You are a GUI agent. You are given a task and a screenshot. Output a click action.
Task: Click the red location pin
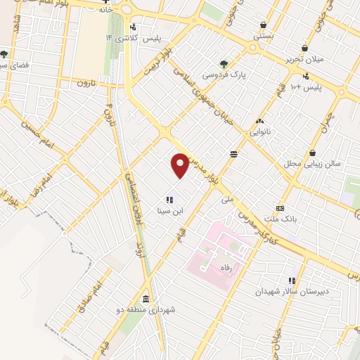tap(181, 165)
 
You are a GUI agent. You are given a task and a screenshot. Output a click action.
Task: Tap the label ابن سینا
tap(169, 211)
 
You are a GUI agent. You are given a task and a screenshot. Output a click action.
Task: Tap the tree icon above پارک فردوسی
tap(224, 63)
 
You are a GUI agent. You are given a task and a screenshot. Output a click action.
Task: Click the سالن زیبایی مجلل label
tap(311, 163)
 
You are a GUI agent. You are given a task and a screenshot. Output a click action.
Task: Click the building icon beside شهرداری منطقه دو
tap(145, 298)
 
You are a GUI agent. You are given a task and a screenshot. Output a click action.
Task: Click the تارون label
tap(85, 82)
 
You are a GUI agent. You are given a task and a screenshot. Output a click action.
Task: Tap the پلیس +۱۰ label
tap(306, 86)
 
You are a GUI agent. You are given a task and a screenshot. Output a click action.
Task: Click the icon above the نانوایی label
tap(260, 121)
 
